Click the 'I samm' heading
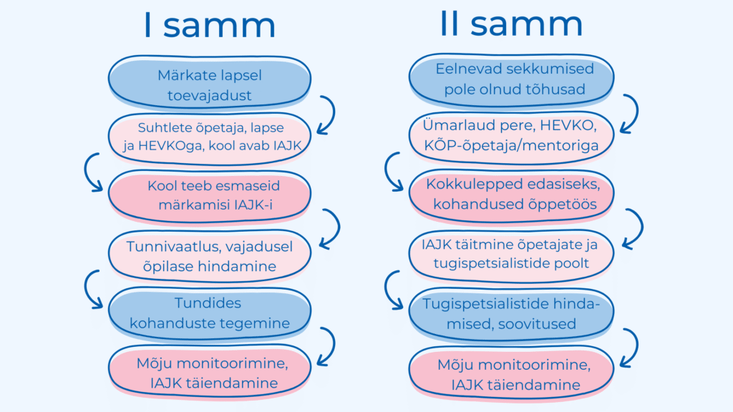click(x=210, y=25)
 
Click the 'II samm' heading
click(x=511, y=24)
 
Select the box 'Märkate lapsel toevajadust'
click(x=210, y=83)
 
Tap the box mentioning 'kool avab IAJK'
click(x=210, y=138)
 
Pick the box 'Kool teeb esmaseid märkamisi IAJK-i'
click(x=210, y=196)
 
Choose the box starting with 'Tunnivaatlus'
click(x=210, y=256)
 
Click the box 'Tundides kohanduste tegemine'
click(x=210, y=313)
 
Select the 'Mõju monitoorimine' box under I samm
click(x=210, y=372)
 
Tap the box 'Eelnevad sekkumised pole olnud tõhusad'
click(x=511, y=80)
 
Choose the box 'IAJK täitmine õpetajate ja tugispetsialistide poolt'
click(x=511, y=255)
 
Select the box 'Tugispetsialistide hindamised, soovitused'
click(x=511, y=315)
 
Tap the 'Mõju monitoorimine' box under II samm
click(x=511, y=373)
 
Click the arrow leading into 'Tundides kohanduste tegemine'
click(x=86, y=288)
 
